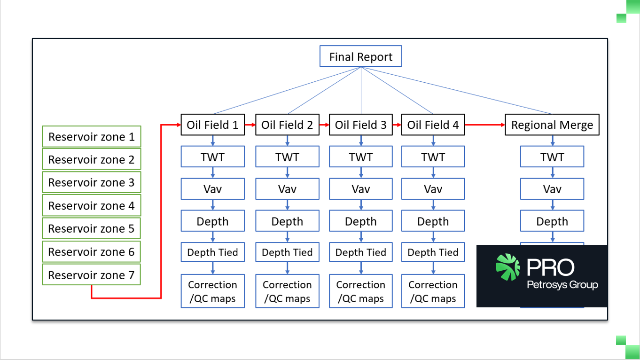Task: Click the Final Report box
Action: coord(361,56)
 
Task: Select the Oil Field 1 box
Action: coord(212,125)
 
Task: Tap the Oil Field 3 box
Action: coord(361,125)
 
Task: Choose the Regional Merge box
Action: coord(552,125)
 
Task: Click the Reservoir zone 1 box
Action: coord(92,137)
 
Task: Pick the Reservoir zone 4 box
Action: coord(92,205)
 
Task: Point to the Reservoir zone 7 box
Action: coord(92,274)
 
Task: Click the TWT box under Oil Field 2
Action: coord(287,157)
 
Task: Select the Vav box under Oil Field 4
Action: coord(433,189)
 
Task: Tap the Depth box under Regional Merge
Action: coord(552,221)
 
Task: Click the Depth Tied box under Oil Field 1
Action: coord(212,252)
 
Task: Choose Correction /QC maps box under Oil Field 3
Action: coord(361,291)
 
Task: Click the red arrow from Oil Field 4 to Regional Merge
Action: coord(485,125)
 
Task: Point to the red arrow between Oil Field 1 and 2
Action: coord(250,125)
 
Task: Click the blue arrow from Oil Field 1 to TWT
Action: coord(212,141)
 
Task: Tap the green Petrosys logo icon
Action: coord(507,267)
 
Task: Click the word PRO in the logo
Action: coord(550,267)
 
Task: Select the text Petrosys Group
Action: coord(562,285)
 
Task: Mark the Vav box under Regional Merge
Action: coord(552,189)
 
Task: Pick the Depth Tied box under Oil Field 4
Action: coord(433,252)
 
